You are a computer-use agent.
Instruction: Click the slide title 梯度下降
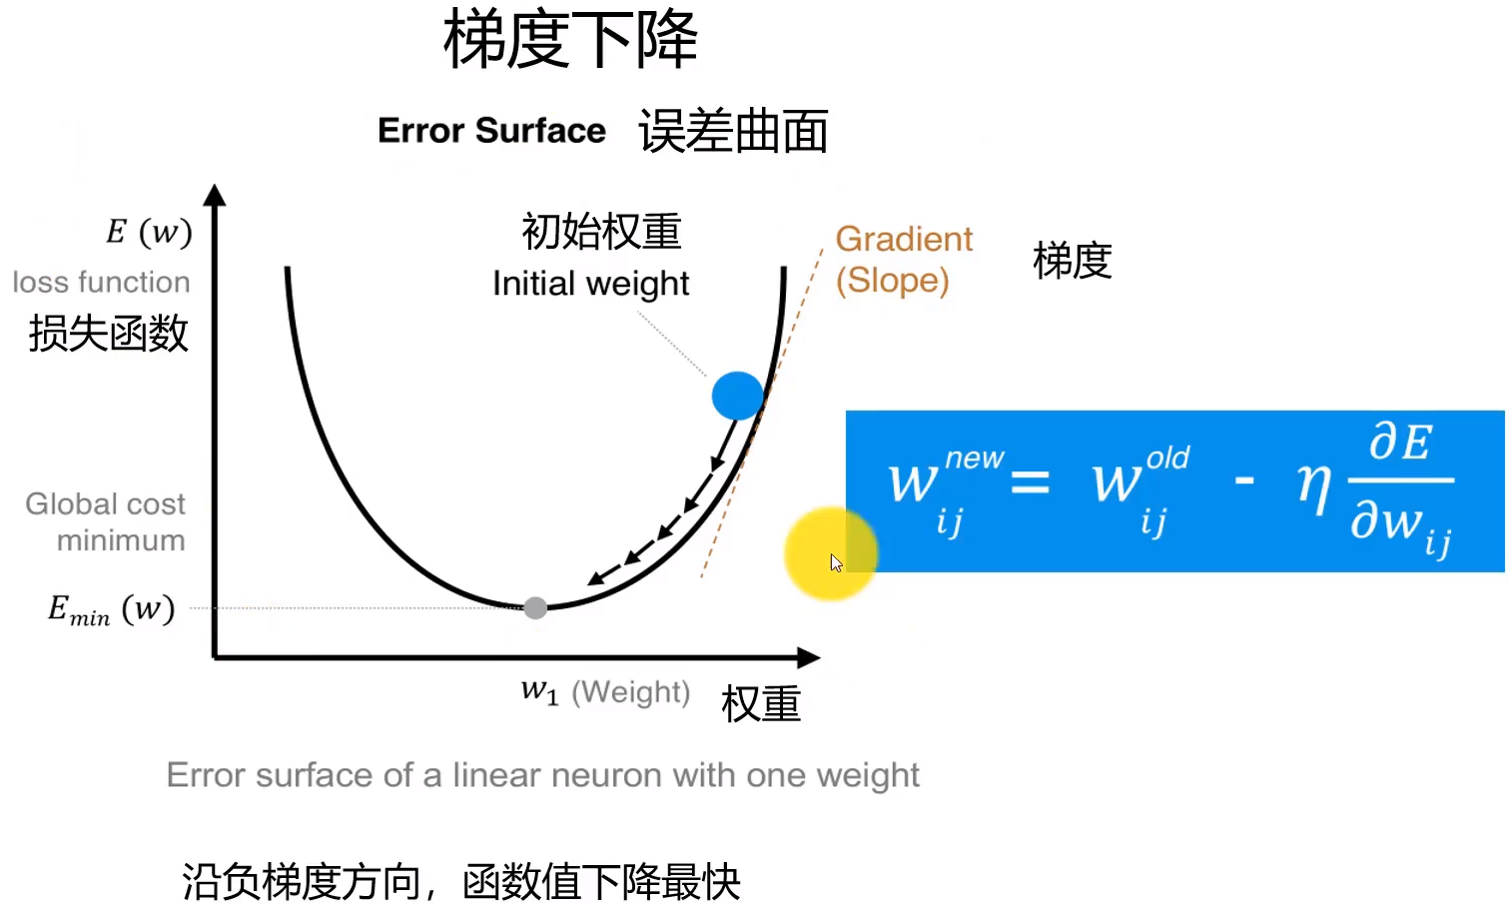pyautogui.click(x=570, y=41)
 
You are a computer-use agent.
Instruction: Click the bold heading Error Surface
pyautogui.click(x=491, y=131)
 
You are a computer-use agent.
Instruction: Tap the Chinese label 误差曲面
pyautogui.click(x=733, y=132)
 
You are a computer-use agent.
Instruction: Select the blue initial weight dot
pyautogui.click(x=738, y=396)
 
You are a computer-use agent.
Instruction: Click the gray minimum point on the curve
pyautogui.click(x=535, y=607)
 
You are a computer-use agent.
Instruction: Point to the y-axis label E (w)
pyautogui.click(x=149, y=232)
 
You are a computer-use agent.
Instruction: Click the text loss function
pyautogui.click(x=101, y=282)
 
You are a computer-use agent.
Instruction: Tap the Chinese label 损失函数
pyautogui.click(x=108, y=334)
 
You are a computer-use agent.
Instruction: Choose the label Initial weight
pyautogui.click(x=590, y=284)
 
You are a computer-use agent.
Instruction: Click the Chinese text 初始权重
pyautogui.click(x=601, y=232)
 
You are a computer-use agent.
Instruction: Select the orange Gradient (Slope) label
pyautogui.click(x=903, y=260)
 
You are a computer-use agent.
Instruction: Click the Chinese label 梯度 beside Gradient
pyautogui.click(x=1072, y=261)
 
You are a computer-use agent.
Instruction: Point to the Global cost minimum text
pyautogui.click(x=106, y=521)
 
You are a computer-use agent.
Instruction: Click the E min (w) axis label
pyautogui.click(x=111, y=609)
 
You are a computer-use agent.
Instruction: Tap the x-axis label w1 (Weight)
pyautogui.click(x=605, y=691)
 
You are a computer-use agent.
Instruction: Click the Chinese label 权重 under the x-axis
pyautogui.click(x=761, y=704)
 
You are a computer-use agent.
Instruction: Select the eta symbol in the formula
pyautogui.click(x=1313, y=486)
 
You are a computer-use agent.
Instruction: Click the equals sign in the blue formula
pyautogui.click(x=1030, y=483)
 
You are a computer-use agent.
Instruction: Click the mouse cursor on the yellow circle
pyautogui.click(x=836, y=562)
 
